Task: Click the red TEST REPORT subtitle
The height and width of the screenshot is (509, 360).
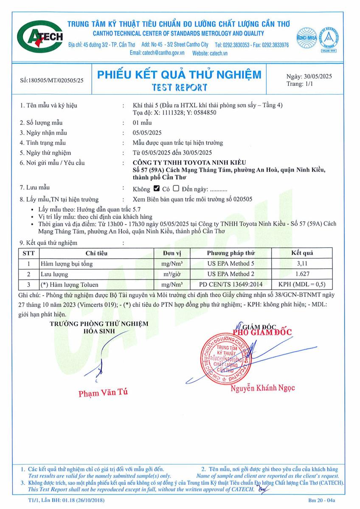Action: click(180, 87)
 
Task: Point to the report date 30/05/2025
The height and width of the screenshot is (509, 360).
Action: click(309, 77)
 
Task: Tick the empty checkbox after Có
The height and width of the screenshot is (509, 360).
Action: click(176, 189)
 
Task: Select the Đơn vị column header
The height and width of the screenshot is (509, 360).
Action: click(172, 253)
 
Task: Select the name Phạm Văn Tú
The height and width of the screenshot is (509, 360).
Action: click(103, 393)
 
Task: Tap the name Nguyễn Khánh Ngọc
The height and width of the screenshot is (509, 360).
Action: click(263, 388)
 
